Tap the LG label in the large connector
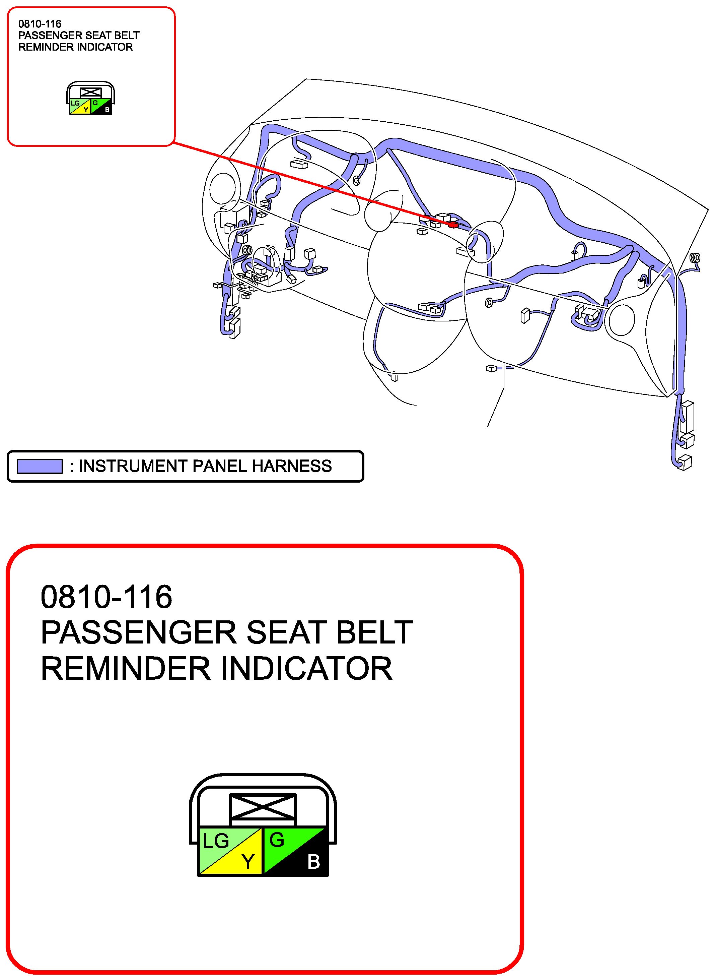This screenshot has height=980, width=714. pos(216,841)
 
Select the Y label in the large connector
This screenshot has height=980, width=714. pos(247,861)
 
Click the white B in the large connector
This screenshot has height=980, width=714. pos(313,862)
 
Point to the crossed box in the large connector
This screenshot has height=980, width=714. pos(263,807)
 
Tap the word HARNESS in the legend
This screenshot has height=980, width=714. pos(292,466)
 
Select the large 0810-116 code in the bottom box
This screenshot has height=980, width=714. pos(106,597)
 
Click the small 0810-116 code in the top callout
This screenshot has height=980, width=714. pos(40,24)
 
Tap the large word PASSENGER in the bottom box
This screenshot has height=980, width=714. pos(139,633)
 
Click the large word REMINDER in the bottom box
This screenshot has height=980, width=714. pos(125,669)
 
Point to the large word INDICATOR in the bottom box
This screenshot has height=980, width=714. pos(306,669)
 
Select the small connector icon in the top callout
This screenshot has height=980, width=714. pos(91,98)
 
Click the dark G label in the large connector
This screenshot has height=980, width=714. pos(277,840)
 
